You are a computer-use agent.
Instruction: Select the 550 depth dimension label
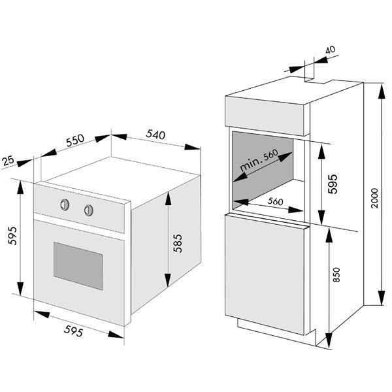(75, 140)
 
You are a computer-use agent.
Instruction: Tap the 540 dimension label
(155, 135)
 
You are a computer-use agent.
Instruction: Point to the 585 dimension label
(178, 243)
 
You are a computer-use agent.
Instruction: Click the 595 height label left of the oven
(12, 235)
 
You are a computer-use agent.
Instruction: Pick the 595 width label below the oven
(73, 331)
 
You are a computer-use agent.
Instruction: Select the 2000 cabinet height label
(375, 198)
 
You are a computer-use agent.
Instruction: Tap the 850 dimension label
(336, 275)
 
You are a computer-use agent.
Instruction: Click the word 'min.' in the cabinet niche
(251, 164)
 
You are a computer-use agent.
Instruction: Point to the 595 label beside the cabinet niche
(333, 184)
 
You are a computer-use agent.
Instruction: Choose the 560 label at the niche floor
(275, 201)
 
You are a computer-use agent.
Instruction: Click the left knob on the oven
(65, 204)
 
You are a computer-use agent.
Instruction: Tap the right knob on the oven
(89, 210)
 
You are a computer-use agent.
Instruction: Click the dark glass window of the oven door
(78, 266)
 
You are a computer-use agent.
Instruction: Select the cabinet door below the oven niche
(265, 274)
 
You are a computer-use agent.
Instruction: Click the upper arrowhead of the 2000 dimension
(382, 92)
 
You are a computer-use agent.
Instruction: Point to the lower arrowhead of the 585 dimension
(168, 280)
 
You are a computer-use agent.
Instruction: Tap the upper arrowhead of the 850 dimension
(329, 235)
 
